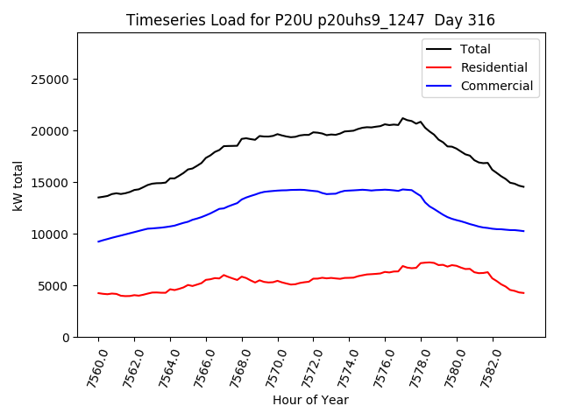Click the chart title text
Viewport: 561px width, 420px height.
click(310, 20)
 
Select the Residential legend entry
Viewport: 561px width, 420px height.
click(494, 67)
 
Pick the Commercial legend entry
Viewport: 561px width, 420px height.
click(497, 86)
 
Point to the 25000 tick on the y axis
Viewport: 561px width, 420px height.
click(52, 80)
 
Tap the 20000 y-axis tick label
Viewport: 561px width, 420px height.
click(52, 131)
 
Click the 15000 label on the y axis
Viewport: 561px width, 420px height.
click(52, 183)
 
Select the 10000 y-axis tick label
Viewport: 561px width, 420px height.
click(52, 234)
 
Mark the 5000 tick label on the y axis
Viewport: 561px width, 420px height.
click(55, 286)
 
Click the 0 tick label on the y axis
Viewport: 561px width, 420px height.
click(66, 338)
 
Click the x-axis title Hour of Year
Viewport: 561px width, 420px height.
click(310, 400)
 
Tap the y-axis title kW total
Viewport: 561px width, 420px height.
click(18, 185)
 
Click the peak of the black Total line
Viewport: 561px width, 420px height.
click(403, 118)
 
